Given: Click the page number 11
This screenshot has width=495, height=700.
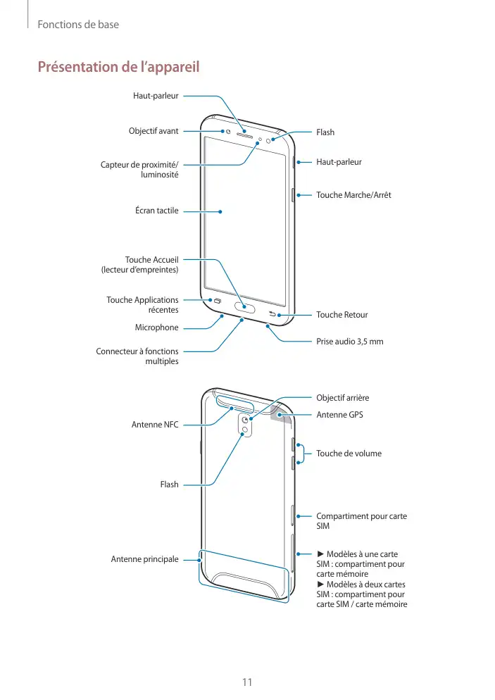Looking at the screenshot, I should [247, 682].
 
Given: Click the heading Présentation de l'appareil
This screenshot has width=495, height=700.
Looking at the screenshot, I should [118, 67].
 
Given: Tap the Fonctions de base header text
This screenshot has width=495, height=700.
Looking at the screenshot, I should [77, 25].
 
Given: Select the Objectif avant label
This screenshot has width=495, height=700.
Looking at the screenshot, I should [153, 131].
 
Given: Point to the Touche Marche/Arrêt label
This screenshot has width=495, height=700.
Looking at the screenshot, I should [353, 194].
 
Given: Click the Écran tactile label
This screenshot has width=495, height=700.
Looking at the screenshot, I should [157, 210].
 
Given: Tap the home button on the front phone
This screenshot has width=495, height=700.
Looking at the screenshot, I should [246, 307].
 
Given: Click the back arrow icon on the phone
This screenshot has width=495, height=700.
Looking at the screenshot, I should [272, 314].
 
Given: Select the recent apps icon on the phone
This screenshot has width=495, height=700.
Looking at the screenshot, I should [217, 301].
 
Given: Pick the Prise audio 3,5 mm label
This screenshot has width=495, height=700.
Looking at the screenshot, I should [350, 342].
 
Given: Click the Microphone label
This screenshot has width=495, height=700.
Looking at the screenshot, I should [156, 327].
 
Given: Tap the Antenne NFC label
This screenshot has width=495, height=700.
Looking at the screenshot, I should [155, 425].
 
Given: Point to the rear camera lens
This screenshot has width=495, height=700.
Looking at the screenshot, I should [244, 420].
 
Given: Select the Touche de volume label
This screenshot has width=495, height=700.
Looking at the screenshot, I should [349, 453].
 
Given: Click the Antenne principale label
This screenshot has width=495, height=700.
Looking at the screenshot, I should [144, 559].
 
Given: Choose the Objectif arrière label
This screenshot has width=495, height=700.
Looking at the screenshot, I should [342, 398].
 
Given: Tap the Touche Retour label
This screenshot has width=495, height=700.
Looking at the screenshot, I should [342, 315].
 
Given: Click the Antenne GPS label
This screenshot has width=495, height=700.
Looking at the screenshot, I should [339, 414].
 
